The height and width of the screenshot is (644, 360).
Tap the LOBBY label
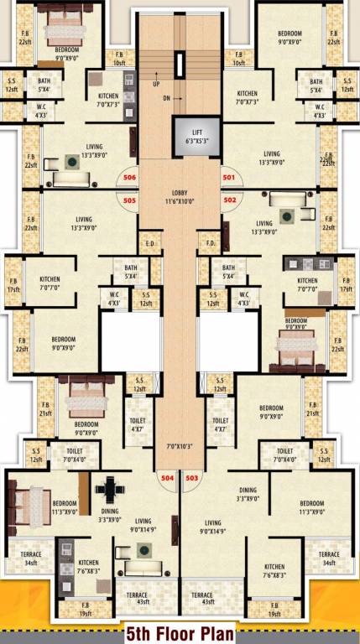180,193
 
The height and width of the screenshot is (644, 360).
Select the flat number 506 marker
129,178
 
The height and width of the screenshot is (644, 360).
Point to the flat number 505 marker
129,200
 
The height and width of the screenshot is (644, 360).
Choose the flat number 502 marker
230,200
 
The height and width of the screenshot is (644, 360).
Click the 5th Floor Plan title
179,632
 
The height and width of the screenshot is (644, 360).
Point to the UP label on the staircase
156,85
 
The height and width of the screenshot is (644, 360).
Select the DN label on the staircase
167,99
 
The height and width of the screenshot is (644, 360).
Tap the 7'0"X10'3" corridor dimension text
180,445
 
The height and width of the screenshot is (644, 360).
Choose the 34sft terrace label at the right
328,558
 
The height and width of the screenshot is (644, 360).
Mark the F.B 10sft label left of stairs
119,60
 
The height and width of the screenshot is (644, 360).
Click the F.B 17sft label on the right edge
345,285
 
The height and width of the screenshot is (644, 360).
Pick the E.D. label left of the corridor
151,244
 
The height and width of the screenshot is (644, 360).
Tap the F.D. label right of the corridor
210,244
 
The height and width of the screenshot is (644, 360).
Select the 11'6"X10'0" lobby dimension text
180,202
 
